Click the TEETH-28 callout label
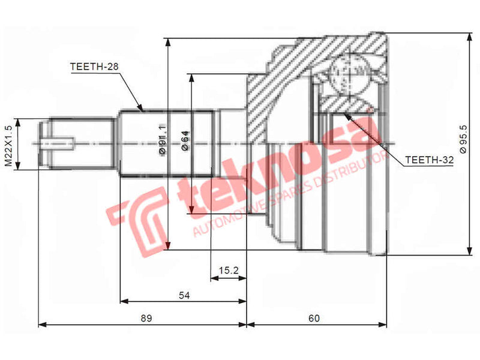pyautogui.click(x=93, y=67)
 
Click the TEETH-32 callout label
pyautogui.click(x=428, y=161)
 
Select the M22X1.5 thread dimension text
pyautogui.click(x=8, y=145)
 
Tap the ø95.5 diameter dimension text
pyautogui.click(x=463, y=139)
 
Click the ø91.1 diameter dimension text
pyautogui.click(x=161, y=139)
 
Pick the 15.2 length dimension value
pyautogui.click(x=229, y=271)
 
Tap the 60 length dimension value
pyautogui.click(x=314, y=319)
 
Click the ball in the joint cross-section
pyautogui.click(x=350, y=75)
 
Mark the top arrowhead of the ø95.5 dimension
pyautogui.click(x=468, y=35)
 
